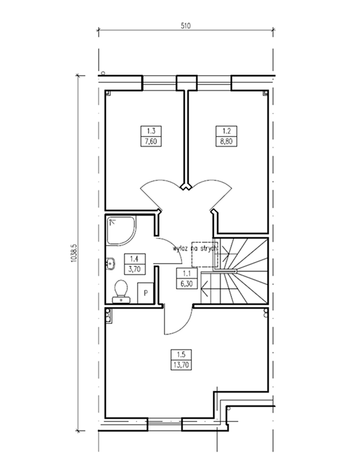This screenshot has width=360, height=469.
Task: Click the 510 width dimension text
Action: tap(185, 26)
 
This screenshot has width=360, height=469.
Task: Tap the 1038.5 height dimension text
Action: tap(74, 254)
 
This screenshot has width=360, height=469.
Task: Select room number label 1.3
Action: tap(151, 131)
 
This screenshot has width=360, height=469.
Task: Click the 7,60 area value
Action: tap(151, 141)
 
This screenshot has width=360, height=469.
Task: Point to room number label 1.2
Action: tap(226, 131)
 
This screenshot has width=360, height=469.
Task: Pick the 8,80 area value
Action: tap(226, 141)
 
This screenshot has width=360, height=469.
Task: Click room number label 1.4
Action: tap(134, 259)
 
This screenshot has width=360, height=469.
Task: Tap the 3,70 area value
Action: tap(134, 269)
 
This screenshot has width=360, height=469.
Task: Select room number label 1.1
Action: tap(187, 273)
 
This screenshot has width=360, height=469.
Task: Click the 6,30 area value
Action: tap(187, 283)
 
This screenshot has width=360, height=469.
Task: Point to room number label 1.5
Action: tap(181, 355)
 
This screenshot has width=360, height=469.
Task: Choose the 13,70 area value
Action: tap(181, 365)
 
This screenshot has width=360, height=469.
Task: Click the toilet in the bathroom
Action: tap(121, 292)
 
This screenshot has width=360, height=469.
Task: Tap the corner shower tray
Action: tap(121, 231)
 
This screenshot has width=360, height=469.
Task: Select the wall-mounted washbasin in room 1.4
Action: tap(110, 264)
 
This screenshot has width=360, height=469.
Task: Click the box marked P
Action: tap(146, 293)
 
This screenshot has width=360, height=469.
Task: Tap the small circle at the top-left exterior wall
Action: tap(103, 73)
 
